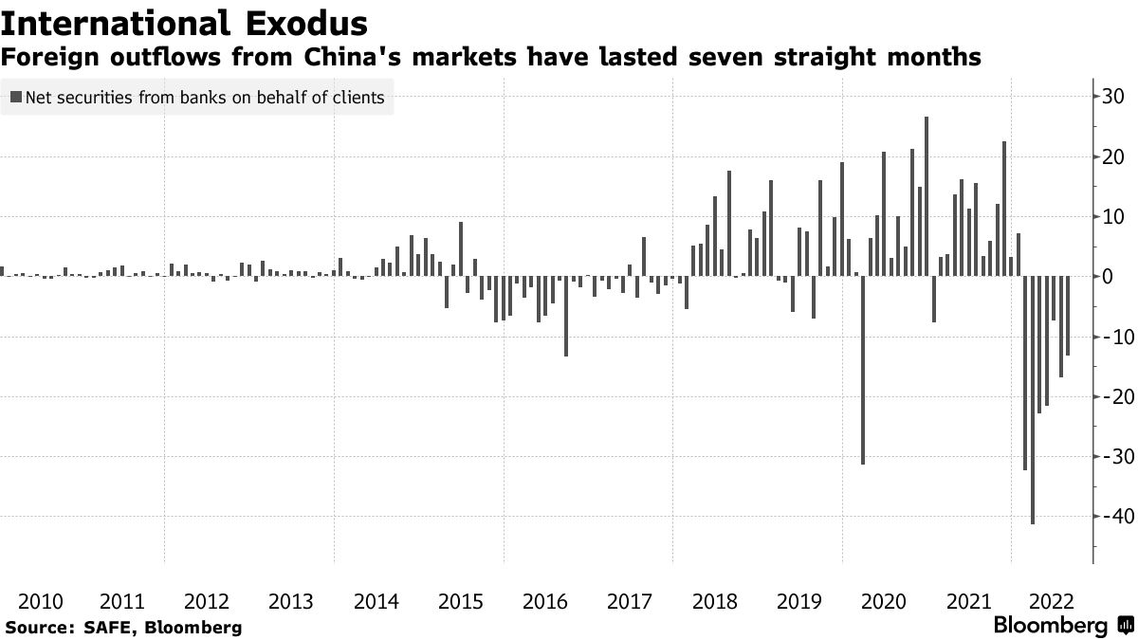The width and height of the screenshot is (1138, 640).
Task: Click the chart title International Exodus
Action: pos(185,21)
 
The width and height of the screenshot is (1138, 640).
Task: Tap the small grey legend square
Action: pos(16,97)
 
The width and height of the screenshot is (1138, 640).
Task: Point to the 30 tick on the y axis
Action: pos(1112,97)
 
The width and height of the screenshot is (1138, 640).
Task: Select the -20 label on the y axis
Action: pos(1110,396)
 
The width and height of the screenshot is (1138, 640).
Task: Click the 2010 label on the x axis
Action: pos(41,601)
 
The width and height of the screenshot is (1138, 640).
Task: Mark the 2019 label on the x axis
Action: pos(798,601)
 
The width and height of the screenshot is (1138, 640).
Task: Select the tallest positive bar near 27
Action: pos(927,196)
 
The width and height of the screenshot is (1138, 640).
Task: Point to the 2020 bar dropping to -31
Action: pos(863,370)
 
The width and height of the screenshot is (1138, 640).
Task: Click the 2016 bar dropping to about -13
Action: pos(566,316)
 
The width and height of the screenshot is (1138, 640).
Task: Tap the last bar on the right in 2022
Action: pos(1068,316)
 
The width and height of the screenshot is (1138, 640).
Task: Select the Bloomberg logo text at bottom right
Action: pos(1050,626)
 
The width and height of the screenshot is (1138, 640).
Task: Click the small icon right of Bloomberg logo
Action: pos(1124,626)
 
